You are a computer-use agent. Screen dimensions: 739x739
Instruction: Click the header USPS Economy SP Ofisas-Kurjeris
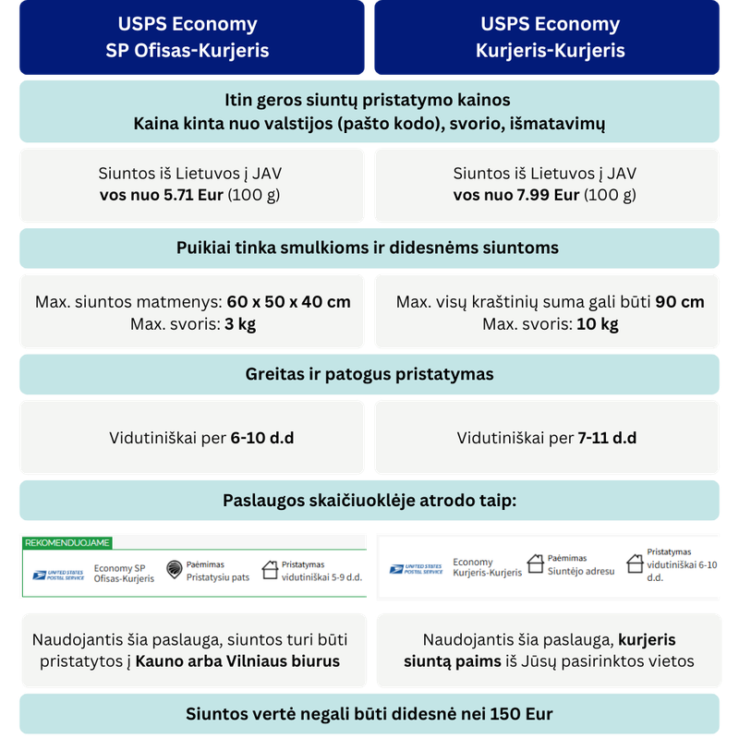(188, 37)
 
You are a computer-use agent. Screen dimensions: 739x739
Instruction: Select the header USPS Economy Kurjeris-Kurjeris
(551, 37)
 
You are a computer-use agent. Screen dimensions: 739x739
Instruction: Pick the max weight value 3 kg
(242, 324)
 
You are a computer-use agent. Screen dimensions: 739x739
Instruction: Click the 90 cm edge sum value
(680, 302)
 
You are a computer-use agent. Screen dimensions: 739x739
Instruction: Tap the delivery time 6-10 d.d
(261, 438)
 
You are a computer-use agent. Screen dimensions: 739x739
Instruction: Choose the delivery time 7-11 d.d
(607, 438)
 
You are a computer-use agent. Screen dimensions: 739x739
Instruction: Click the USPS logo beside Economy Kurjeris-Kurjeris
(416, 569)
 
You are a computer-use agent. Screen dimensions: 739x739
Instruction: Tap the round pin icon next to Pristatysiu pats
(174, 570)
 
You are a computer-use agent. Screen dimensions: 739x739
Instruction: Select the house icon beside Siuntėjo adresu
(535, 563)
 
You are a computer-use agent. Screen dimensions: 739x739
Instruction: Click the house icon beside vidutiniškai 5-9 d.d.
(270, 570)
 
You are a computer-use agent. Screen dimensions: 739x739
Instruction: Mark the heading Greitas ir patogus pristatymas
(369, 374)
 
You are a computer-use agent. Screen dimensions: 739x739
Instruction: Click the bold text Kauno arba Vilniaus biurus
(238, 661)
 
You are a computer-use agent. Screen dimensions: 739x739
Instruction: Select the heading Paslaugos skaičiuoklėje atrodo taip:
(369, 500)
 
